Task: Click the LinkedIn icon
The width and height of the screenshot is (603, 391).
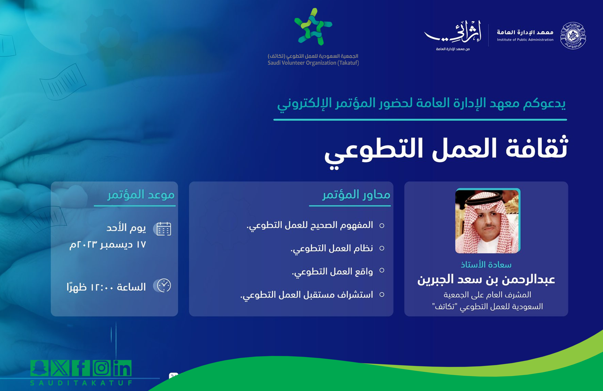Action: point(122,368)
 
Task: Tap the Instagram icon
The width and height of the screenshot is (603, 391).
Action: point(102,368)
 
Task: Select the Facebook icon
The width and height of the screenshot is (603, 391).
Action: point(81,368)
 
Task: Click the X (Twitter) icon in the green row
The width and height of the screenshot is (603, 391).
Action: point(60,368)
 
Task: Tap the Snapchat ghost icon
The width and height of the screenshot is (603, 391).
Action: point(39,368)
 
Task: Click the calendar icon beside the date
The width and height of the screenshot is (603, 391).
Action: point(164,229)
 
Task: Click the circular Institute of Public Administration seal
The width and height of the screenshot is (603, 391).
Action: point(573,35)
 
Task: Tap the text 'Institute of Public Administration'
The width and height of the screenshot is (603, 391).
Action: point(525,40)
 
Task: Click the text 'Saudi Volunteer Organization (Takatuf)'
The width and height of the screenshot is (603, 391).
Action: point(313,63)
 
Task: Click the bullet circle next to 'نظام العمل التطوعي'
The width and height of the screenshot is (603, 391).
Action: point(382,248)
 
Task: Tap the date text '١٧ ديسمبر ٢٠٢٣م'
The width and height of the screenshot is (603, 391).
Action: point(108,245)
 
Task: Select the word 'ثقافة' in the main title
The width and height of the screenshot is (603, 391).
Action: point(537,148)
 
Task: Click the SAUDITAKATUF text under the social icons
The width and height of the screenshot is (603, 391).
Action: point(81,383)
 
